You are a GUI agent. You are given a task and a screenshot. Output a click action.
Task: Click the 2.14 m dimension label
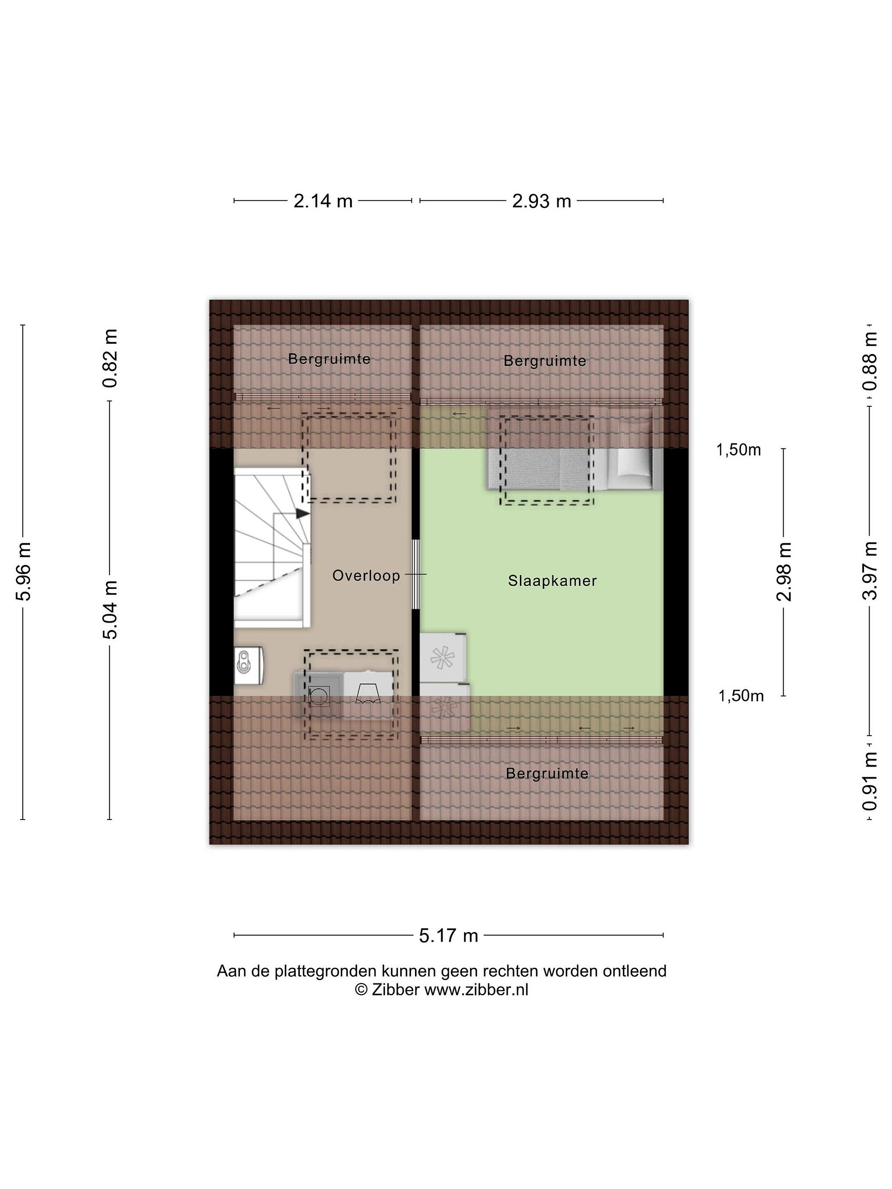pyautogui.click(x=323, y=201)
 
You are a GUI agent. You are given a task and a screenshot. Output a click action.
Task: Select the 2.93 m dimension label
pyautogui.click(x=541, y=201)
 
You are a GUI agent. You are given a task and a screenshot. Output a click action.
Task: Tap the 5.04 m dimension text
pyautogui.click(x=110, y=609)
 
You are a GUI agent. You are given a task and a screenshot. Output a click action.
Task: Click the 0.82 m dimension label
pyautogui.click(x=110, y=358)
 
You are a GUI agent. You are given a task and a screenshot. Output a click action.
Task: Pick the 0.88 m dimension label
pyautogui.click(x=869, y=361)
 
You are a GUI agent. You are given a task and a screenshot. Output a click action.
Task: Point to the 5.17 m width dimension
pyautogui.click(x=448, y=935)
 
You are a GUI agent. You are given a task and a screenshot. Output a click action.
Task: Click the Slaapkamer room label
pyautogui.click(x=552, y=580)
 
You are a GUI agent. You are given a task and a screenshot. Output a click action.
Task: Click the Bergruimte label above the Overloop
pyautogui.click(x=329, y=358)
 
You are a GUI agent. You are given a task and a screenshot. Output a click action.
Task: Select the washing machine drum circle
pyautogui.click(x=319, y=696)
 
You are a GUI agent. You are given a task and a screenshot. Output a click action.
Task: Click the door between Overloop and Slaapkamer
pyautogui.click(x=415, y=574)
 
